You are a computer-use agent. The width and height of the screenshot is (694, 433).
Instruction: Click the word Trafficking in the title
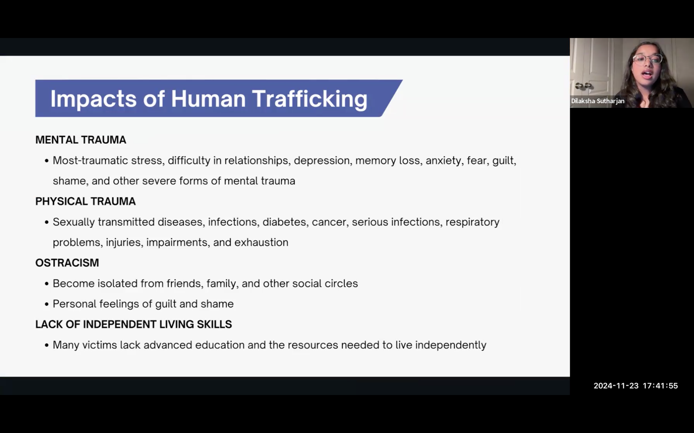(x=309, y=99)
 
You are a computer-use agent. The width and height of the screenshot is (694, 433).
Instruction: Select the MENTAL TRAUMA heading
(x=80, y=140)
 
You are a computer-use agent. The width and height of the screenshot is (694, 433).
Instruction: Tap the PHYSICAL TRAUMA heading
(x=86, y=201)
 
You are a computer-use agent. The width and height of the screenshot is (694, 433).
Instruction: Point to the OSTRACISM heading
(x=67, y=263)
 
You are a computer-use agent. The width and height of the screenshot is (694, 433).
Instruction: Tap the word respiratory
(x=472, y=223)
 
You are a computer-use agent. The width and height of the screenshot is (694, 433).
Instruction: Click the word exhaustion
(x=261, y=242)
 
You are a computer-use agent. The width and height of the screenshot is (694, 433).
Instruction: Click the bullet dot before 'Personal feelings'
(x=47, y=304)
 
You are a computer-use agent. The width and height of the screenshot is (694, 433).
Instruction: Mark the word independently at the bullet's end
(x=451, y=345)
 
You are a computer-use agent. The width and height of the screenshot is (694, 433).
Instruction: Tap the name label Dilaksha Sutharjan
(x=598, y=101)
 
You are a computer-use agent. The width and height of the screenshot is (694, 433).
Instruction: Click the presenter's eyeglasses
(x=647, y=59)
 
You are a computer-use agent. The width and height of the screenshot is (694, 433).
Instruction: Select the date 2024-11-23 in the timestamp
(x=616, y=386)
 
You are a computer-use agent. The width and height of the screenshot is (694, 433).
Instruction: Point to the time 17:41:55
(x=661, y=386)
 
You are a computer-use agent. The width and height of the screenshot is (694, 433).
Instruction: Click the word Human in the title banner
(x=208, y=99)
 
